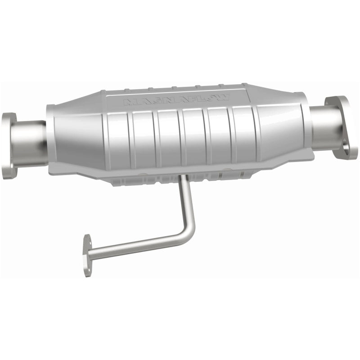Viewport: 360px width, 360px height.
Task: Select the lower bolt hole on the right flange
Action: point(346,145)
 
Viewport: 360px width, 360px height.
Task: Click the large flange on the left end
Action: point(9,145)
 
